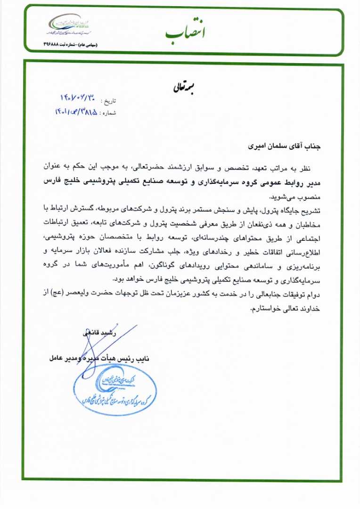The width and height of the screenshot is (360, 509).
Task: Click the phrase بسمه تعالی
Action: coord(180,88)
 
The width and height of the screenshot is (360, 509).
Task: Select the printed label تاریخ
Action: coord(108,101)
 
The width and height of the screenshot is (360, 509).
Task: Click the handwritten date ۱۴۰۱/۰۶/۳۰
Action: coord(78,99)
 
